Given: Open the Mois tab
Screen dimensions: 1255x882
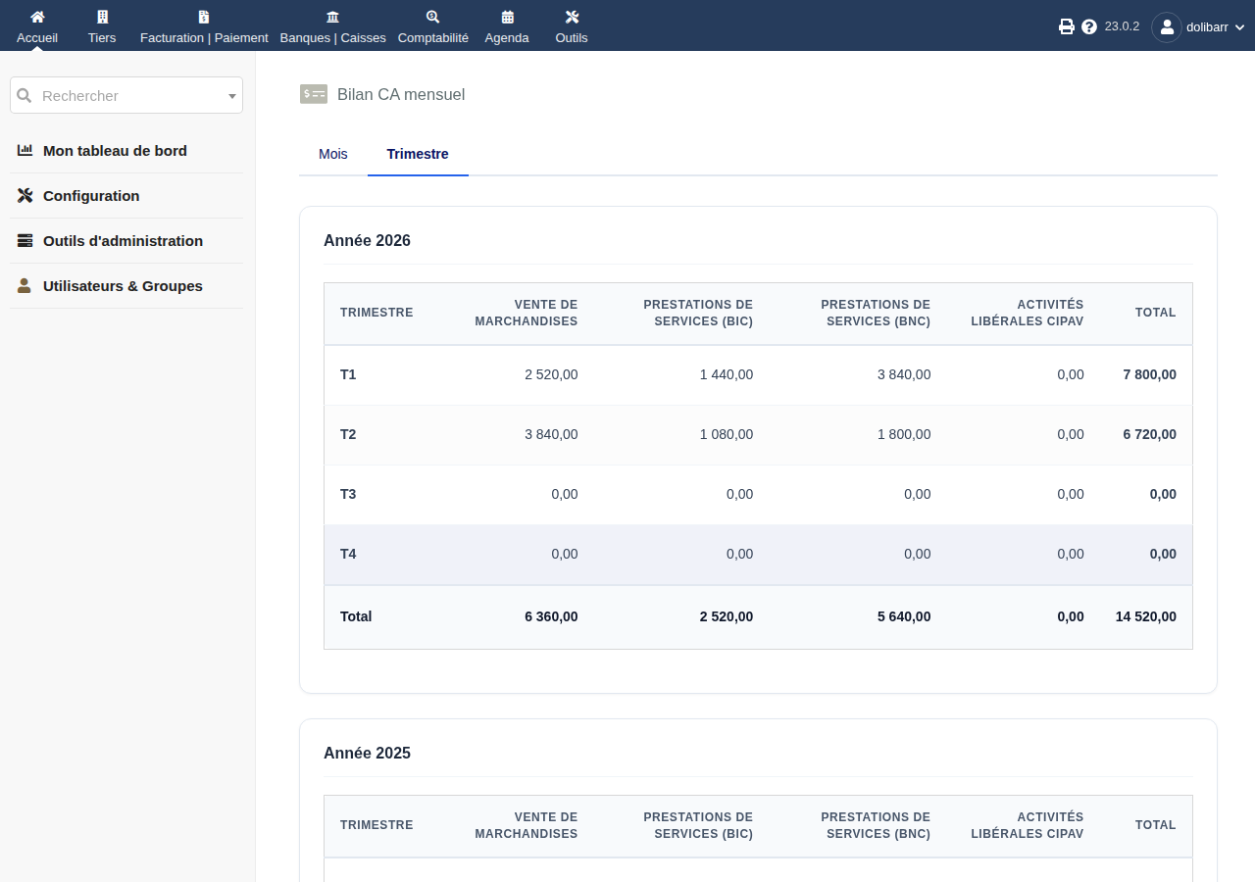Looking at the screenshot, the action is click(332, 154).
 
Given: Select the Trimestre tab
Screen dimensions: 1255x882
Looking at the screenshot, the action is click(418, 154).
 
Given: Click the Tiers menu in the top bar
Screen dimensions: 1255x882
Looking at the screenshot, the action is click(102, 26).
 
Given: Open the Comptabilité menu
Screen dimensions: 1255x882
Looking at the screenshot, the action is click(433, 26).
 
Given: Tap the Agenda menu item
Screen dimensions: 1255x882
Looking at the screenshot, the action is click(507, 26).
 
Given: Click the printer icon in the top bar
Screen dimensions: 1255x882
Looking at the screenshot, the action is click(1066, 26).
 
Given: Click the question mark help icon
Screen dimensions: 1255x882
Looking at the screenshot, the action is click(1088, 26).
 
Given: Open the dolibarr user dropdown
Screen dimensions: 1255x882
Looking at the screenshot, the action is click(1198, 26).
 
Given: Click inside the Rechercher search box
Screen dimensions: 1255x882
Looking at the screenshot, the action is click(126, 95).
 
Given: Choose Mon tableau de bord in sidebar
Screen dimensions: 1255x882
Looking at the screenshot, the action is click(115, 151).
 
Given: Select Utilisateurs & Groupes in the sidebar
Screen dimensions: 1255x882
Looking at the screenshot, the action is click(123, 285).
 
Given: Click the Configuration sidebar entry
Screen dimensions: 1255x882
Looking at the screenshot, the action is click(91, 195).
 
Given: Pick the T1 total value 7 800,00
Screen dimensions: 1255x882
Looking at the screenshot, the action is click(1149, 374).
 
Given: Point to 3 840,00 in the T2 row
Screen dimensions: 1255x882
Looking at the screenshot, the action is click(551, 434).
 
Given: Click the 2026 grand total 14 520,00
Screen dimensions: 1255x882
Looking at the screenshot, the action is click(1146, 616).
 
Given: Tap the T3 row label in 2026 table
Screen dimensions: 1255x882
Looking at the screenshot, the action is click(348, 494).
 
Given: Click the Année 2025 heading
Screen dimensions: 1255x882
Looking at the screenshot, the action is click(367, 754).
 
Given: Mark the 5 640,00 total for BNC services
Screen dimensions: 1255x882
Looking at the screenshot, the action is click(904, 616).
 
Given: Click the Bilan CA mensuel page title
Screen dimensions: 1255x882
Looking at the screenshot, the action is click(401, 95).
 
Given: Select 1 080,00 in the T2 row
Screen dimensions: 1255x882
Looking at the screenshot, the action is click(727, 434).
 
